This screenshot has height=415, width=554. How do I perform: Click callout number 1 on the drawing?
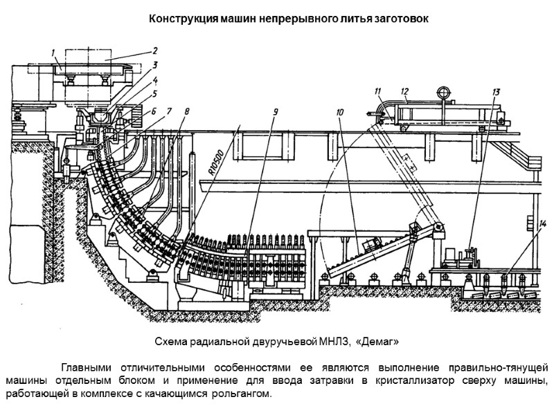(x=53, y=53)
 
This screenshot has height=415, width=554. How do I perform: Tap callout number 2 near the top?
(x=155, y=50)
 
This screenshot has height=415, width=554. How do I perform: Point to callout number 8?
(x=186, y=110)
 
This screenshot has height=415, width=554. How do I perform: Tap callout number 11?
(x=377, y=91)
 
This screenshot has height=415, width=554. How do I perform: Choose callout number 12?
(x=404, y=91)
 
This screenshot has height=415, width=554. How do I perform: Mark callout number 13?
(x=496, y=91)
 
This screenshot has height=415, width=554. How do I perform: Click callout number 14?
(x=543, y=223)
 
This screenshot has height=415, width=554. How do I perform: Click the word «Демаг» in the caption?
(x=378, y=342)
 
